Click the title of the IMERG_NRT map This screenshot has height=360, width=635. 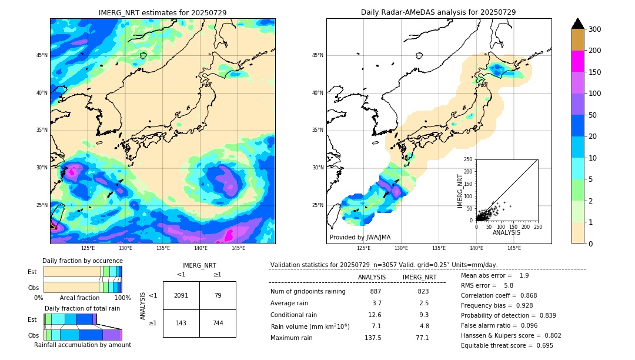[162, 12]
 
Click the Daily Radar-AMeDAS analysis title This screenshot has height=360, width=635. [438, 12]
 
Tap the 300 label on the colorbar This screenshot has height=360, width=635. [594, 29]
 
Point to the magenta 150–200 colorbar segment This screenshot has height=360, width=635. [578, 61]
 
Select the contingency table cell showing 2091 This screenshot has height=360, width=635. [181, 295]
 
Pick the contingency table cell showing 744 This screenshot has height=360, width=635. [218, 324]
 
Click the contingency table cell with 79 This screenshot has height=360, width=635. [218, 295]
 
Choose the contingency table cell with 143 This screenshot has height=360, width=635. [181, 324]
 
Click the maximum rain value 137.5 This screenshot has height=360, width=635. [373, 338]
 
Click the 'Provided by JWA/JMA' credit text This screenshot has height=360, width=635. [360, 237]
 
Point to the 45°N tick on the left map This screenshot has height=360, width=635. [42, 55]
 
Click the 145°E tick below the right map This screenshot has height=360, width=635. [514, 248]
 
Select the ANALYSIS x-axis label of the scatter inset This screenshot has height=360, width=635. [507, 232]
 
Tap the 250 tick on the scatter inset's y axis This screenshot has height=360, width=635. [468, 159]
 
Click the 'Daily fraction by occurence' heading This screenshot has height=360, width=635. [82, 261]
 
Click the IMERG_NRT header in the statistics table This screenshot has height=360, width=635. [419, 277]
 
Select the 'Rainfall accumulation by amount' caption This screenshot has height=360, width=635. [82, 345]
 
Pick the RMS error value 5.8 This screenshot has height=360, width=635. [508, 285]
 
